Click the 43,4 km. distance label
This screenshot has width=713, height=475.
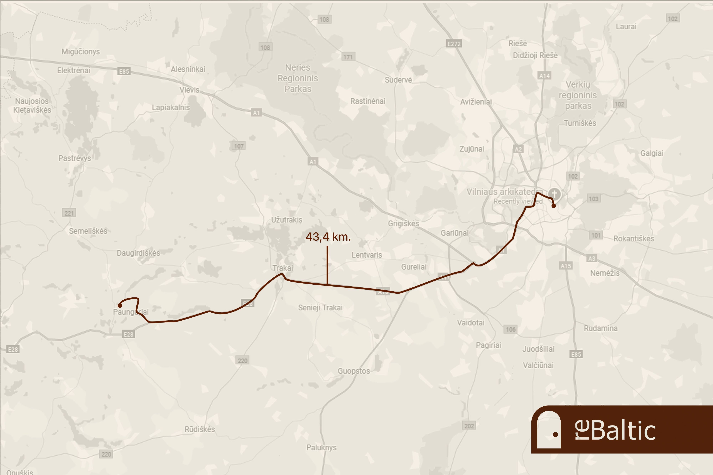pos(328,237)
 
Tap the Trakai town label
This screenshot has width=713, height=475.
pos(283,268)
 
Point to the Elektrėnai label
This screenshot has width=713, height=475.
pos(74,71)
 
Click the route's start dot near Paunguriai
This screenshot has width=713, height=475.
pos(120,305)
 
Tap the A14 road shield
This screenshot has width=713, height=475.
pos(544,76)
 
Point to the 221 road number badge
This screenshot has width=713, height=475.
pos(69,213)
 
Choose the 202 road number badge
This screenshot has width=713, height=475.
pos(469,426)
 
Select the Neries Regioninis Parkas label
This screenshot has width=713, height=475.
pos(298,78)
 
